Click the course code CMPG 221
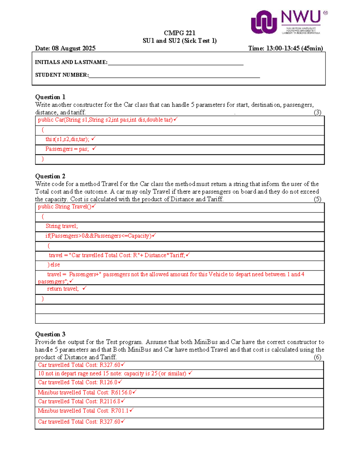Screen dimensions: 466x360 [x=179, y=33]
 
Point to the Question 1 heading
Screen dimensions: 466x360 [x=50, y=97]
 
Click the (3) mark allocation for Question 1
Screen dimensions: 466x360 [x=317, y=113]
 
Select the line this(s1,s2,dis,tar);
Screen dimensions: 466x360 [x=67, y=139]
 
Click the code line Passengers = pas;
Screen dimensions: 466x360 [x=67, y=149]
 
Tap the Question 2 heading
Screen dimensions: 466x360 [x=50, y=176]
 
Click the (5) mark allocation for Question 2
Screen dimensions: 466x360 [x=317, y=199]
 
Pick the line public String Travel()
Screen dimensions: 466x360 [x=64, y=207]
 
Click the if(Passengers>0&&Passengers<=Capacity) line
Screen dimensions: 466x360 [x=98, y=236]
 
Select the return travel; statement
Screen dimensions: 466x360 [x=63, y=289]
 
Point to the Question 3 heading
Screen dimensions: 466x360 [x=50, y=334]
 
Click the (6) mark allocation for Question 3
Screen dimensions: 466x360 [x=317, y=357]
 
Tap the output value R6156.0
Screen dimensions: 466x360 [x=121, y=392]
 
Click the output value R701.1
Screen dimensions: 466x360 [x=120, y=411]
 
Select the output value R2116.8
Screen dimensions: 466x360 [x=110, y=401]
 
